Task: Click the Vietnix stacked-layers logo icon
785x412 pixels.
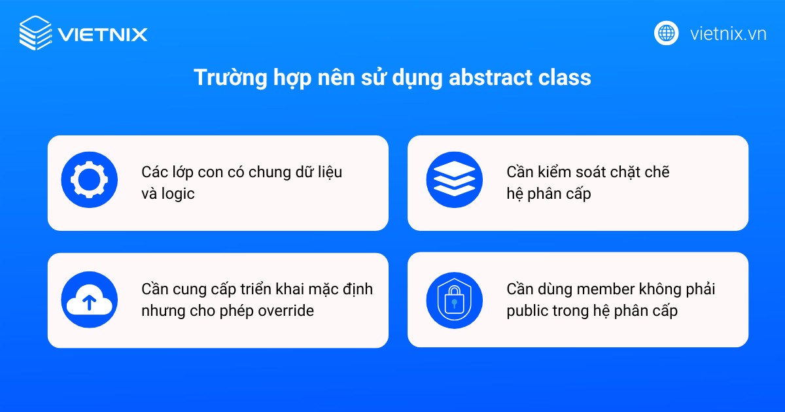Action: point(35,33)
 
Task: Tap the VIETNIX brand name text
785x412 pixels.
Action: point(103,34)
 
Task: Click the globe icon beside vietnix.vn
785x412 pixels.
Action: point(667,33)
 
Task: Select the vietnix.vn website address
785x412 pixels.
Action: point(728,33)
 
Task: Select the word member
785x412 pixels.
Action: point(599,289)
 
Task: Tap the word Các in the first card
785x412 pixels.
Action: point(154,173)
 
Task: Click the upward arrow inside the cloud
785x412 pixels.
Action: point(90,302)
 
